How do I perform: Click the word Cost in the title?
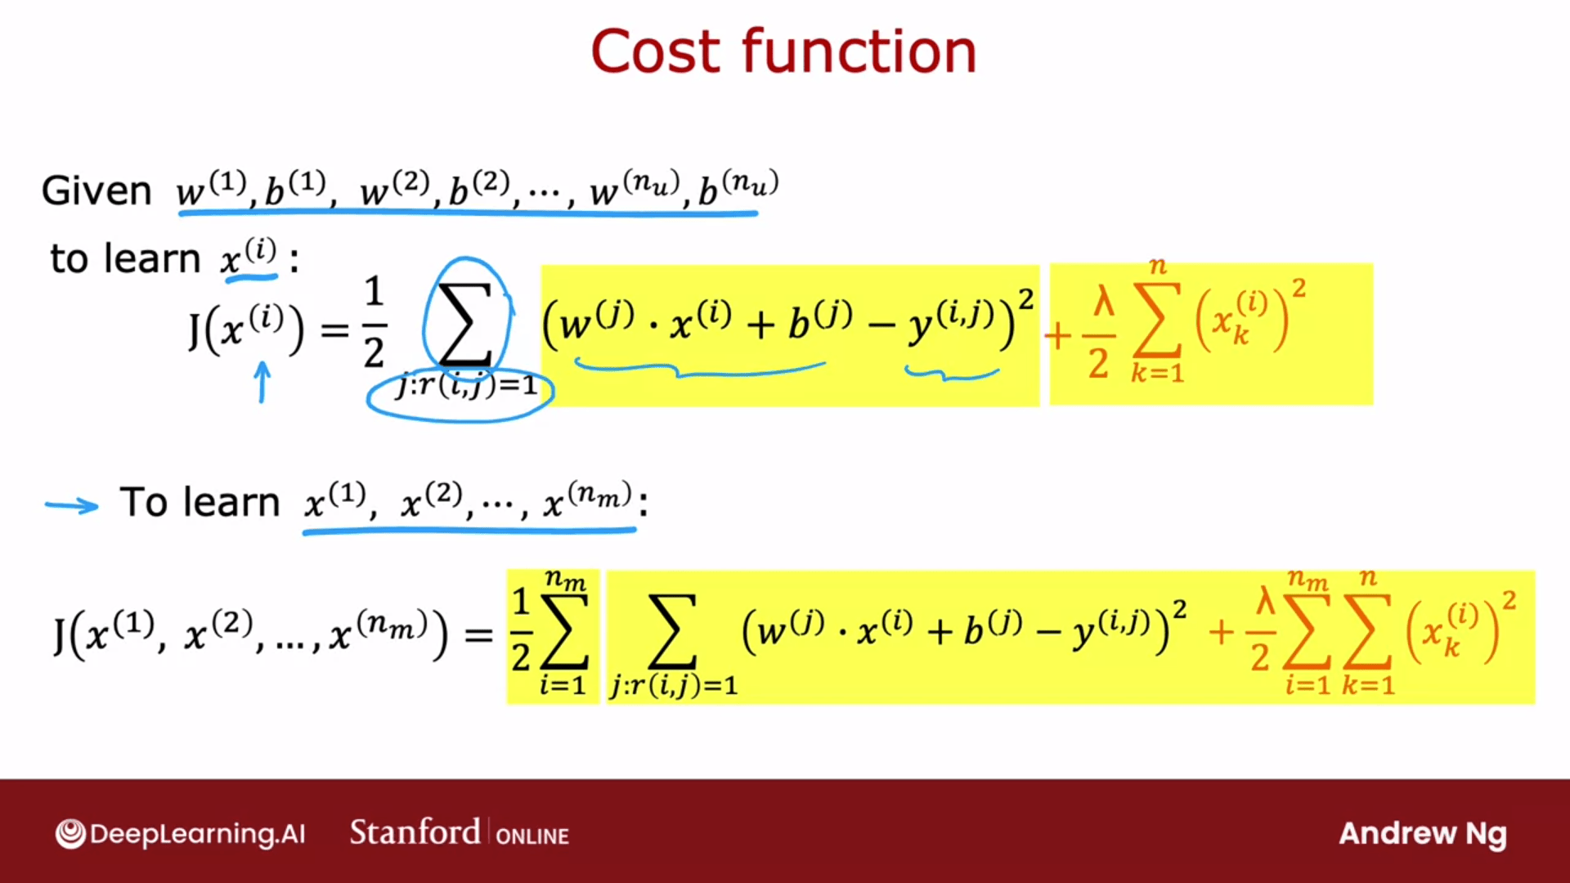(x=657, y=52)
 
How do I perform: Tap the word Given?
(x=96, y=190)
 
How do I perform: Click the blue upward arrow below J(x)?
(x=262, y=383)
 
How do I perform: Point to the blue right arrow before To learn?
(x=72, y=506)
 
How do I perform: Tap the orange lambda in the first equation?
(x=1104, y=303)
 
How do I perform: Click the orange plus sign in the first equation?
(x=1057, y=335)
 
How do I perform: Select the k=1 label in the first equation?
(x=1157, y=374)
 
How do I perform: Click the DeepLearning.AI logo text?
(x=197, y=834)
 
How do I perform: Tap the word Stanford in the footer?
(x=415, y=832)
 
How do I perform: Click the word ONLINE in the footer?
(x=532, y=836)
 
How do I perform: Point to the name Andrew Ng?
(x=1423, y=834)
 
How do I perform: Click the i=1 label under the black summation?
(x=563, y=684)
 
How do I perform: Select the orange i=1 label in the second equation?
(x=1308, y=684)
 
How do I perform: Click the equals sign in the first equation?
(x=334, y=331)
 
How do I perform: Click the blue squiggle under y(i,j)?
(x=952, y=374)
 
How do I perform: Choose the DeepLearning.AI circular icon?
(x=70, y=834)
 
